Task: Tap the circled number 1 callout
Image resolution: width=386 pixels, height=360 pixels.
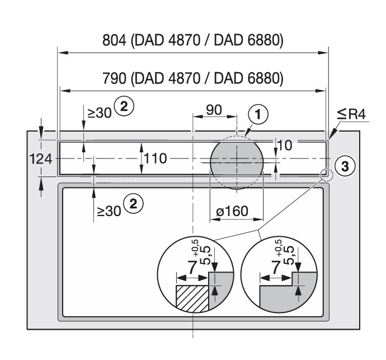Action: pos(257,115)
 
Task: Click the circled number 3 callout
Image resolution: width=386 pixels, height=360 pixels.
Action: pos(345,165)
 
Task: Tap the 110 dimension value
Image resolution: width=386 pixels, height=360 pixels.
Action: pos(154,159)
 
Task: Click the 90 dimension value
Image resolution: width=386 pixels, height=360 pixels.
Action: pos(214,110)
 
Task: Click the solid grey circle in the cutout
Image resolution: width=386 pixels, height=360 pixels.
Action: pos(236,160)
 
